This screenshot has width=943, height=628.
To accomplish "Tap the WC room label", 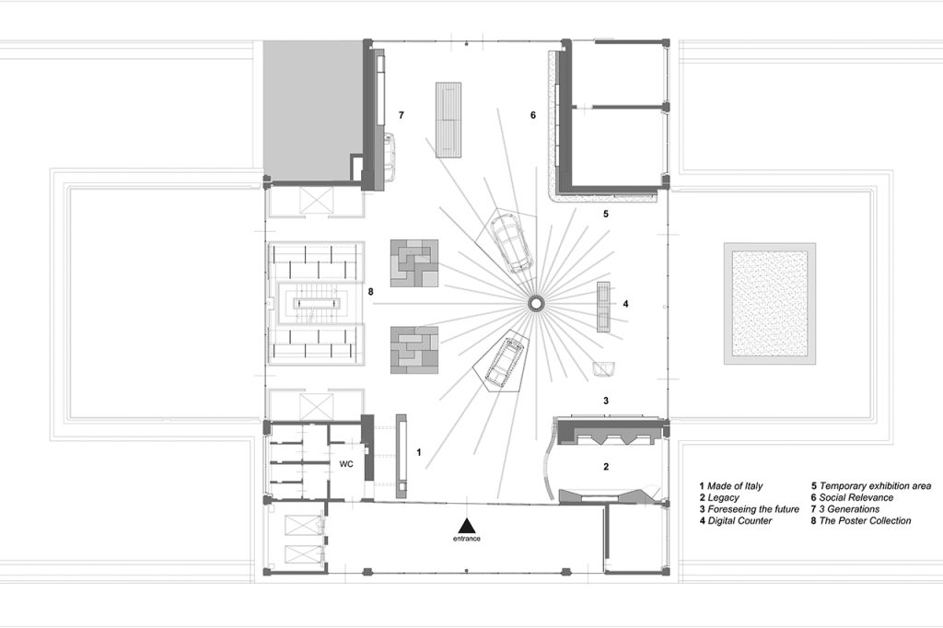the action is pyautogui.click(x=346, y=464).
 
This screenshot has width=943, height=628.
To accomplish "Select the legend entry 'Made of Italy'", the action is pyautogui.click(x=730, y=486).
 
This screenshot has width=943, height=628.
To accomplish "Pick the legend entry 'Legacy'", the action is pyautogui.click(x=718, y=498).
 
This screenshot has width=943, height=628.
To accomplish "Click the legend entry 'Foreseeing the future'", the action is pyautogui.click(x=749, y=509).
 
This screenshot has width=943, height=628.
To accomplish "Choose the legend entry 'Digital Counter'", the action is pyautogui.click(x=735, y=521).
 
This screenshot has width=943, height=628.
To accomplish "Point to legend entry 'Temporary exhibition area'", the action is pyautogui.click(x=871, y=486).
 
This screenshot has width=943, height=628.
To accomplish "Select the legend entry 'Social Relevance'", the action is pyautogui.click(x=852, y=498).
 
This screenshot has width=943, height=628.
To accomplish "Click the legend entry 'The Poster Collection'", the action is pyautogui.click(x=861, y=521).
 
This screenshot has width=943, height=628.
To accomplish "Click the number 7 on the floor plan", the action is pyautogui.click(x=402, y=115).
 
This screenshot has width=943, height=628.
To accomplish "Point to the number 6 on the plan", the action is pyautogui.click(x=533, y=115).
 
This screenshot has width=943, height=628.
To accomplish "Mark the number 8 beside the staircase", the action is pyautogui.click(x=370, y=292).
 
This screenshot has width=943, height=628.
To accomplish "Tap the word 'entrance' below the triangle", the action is pyautogui.click(x=467, y=539).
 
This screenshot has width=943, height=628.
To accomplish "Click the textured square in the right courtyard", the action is pyautogui.click(x=770, y=303).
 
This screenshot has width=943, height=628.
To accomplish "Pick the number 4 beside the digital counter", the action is pyautogui.click(x=625, y=304).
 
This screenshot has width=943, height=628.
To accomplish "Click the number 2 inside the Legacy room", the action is pyautogui.click(x=606, y=466).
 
